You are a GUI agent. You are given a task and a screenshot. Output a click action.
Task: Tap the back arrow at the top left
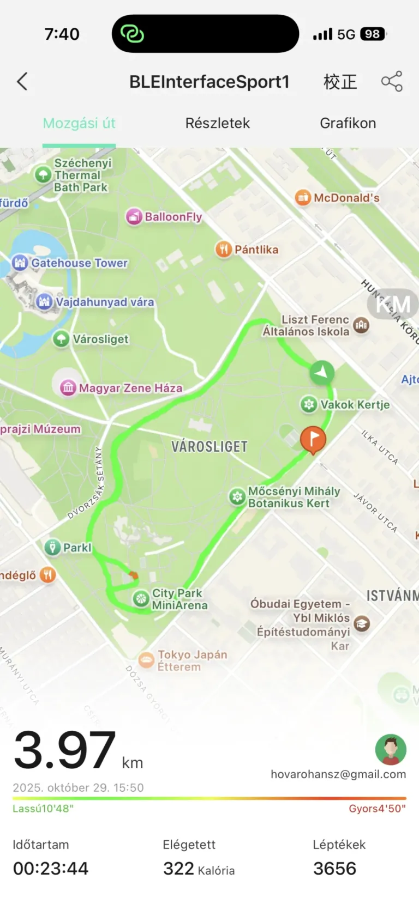(x=22, y=82)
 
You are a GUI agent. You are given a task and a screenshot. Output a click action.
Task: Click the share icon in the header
(x=392, y=81)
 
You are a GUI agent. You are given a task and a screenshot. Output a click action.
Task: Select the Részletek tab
(x=217, y=123)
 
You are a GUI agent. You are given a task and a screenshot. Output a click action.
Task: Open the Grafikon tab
(x=348, y=123)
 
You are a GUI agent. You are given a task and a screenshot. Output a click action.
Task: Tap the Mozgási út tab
(x=79, y=123)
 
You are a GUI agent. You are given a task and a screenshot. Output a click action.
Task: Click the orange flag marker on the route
(x=313, y=439)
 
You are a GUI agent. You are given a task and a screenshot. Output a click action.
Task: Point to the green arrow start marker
(x=322, y=373)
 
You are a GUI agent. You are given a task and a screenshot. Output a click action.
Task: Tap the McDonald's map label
(x=346, y=198)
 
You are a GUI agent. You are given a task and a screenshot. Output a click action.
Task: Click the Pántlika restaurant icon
(x=223, y=250)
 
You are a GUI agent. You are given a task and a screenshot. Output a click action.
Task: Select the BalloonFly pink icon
(x=134, y=217)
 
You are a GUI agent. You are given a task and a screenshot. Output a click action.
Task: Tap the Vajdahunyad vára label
(x=105, y=302)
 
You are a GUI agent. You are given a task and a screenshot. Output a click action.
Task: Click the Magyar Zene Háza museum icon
(x=68, y=388)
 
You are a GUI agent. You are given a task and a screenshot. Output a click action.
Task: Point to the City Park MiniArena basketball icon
(x=141, y=599)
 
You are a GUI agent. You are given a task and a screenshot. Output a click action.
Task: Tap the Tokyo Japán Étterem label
(x=192, y=660)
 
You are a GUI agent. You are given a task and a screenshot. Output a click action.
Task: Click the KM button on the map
(x=393, y=305)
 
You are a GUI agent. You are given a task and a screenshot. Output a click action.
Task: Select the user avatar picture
(x=391, y=749)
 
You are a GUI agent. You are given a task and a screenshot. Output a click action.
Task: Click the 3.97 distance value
(x=64, y=750)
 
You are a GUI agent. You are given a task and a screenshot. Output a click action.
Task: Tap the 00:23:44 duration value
(x=51, y=868)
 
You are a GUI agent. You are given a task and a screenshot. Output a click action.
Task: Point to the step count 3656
(x=334, y=868)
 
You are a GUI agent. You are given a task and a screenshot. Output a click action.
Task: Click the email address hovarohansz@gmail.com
(x=338, y=774)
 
